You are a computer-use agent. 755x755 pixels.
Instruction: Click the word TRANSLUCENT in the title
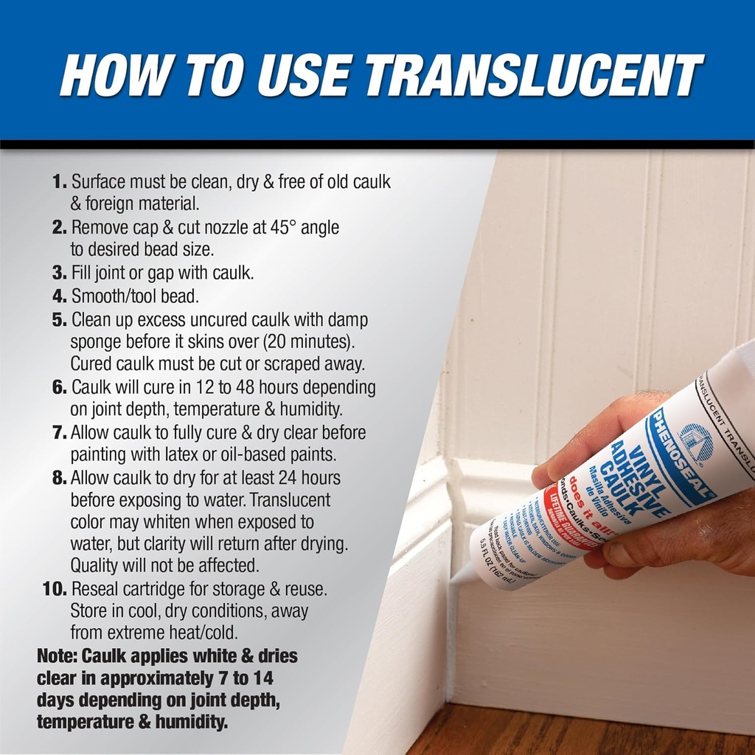(x=534, y=74)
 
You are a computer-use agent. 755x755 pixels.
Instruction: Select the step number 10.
(x=55, y=590)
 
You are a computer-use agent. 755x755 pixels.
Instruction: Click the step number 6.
(x=60, y=388)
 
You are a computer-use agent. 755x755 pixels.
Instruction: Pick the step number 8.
(x=60, y=479)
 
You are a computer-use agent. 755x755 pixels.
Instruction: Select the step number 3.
(x=60, y=274)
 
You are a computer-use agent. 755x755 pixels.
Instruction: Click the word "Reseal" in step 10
(x=97, y=590)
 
